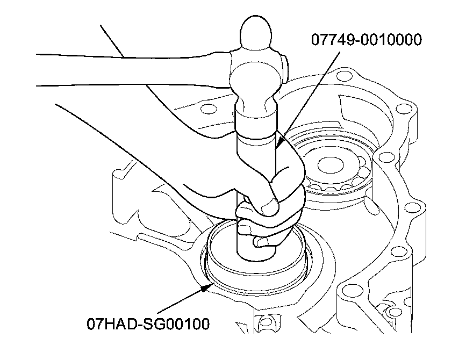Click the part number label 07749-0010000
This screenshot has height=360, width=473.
[x=366, y=40]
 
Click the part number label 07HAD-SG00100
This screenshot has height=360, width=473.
[x=148, y=324]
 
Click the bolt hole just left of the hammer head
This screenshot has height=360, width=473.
[x=204, y=111]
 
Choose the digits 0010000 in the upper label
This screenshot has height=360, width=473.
[x=386, y=40]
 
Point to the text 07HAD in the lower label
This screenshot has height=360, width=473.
[x=109, y=324]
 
